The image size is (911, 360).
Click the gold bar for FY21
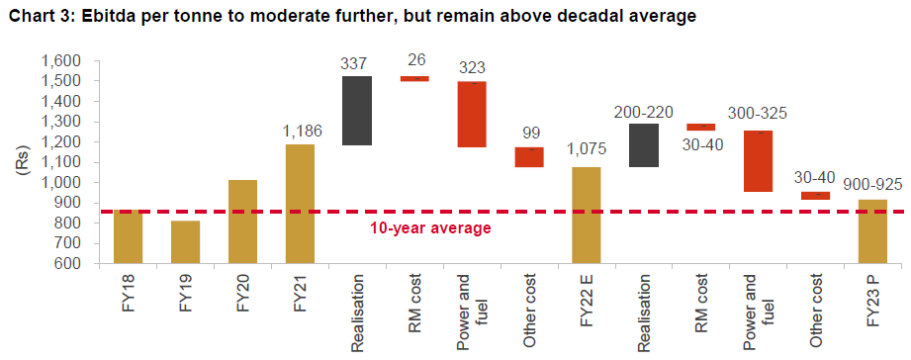click(301, 204)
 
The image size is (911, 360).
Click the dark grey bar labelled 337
click(357, 111)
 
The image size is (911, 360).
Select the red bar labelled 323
click(471, 114)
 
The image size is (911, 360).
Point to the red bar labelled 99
click(528, 157)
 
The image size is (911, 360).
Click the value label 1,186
click(301, 131)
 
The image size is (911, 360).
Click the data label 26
click(414, 60)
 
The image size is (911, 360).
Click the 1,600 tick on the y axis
click(59, 60)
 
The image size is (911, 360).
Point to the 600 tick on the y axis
click(65, 264)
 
